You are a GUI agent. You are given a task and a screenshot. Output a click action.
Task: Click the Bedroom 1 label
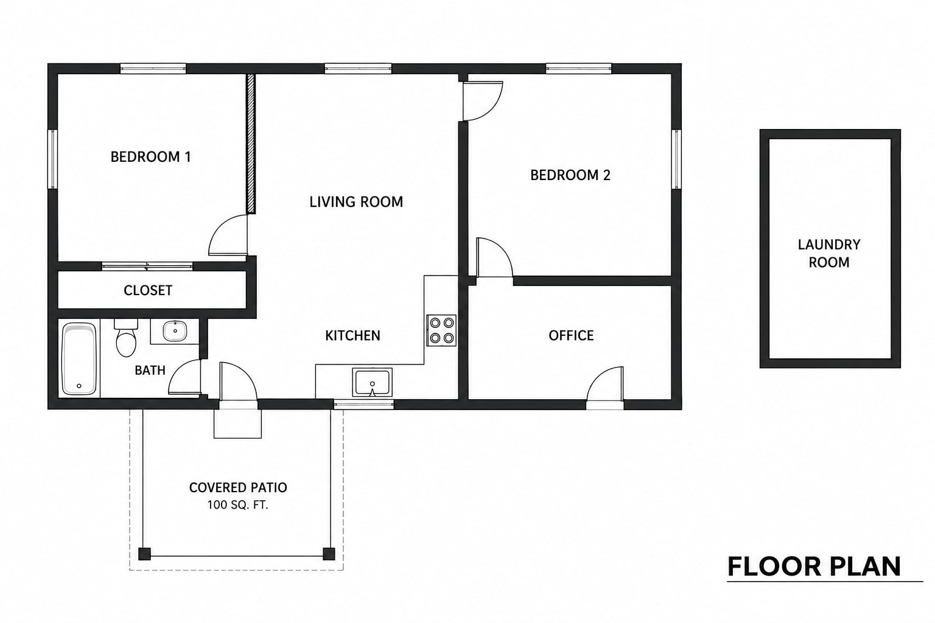point(151,157)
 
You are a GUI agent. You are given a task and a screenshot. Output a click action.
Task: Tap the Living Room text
point(356,202)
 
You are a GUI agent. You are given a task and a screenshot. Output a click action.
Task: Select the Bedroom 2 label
point(570,175)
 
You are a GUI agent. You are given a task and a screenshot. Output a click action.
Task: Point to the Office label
point(571,335)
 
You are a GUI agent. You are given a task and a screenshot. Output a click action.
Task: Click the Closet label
point(148,290)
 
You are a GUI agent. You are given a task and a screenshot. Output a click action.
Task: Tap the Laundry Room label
point(829,253)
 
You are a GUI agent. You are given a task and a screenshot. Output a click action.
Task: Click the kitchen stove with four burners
point(441,330)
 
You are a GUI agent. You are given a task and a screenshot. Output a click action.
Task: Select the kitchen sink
point(373,382)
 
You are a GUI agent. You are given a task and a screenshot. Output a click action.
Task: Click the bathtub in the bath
point(79,359)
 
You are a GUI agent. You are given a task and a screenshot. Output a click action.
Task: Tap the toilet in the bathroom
point(126,338)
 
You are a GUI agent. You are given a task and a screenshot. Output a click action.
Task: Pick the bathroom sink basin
point(175,332)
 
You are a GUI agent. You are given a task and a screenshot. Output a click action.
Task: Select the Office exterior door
point(605,386)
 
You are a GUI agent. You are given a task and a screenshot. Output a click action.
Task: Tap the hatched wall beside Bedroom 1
point(250,144)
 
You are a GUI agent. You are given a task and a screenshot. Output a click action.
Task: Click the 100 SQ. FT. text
point(237,505)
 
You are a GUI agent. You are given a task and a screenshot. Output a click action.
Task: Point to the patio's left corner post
point(144,554)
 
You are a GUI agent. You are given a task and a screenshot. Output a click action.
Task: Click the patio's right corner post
point(329,554)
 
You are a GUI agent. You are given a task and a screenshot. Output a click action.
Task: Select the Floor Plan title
point(814,566)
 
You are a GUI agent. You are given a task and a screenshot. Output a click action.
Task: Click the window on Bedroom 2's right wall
point(677,159)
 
